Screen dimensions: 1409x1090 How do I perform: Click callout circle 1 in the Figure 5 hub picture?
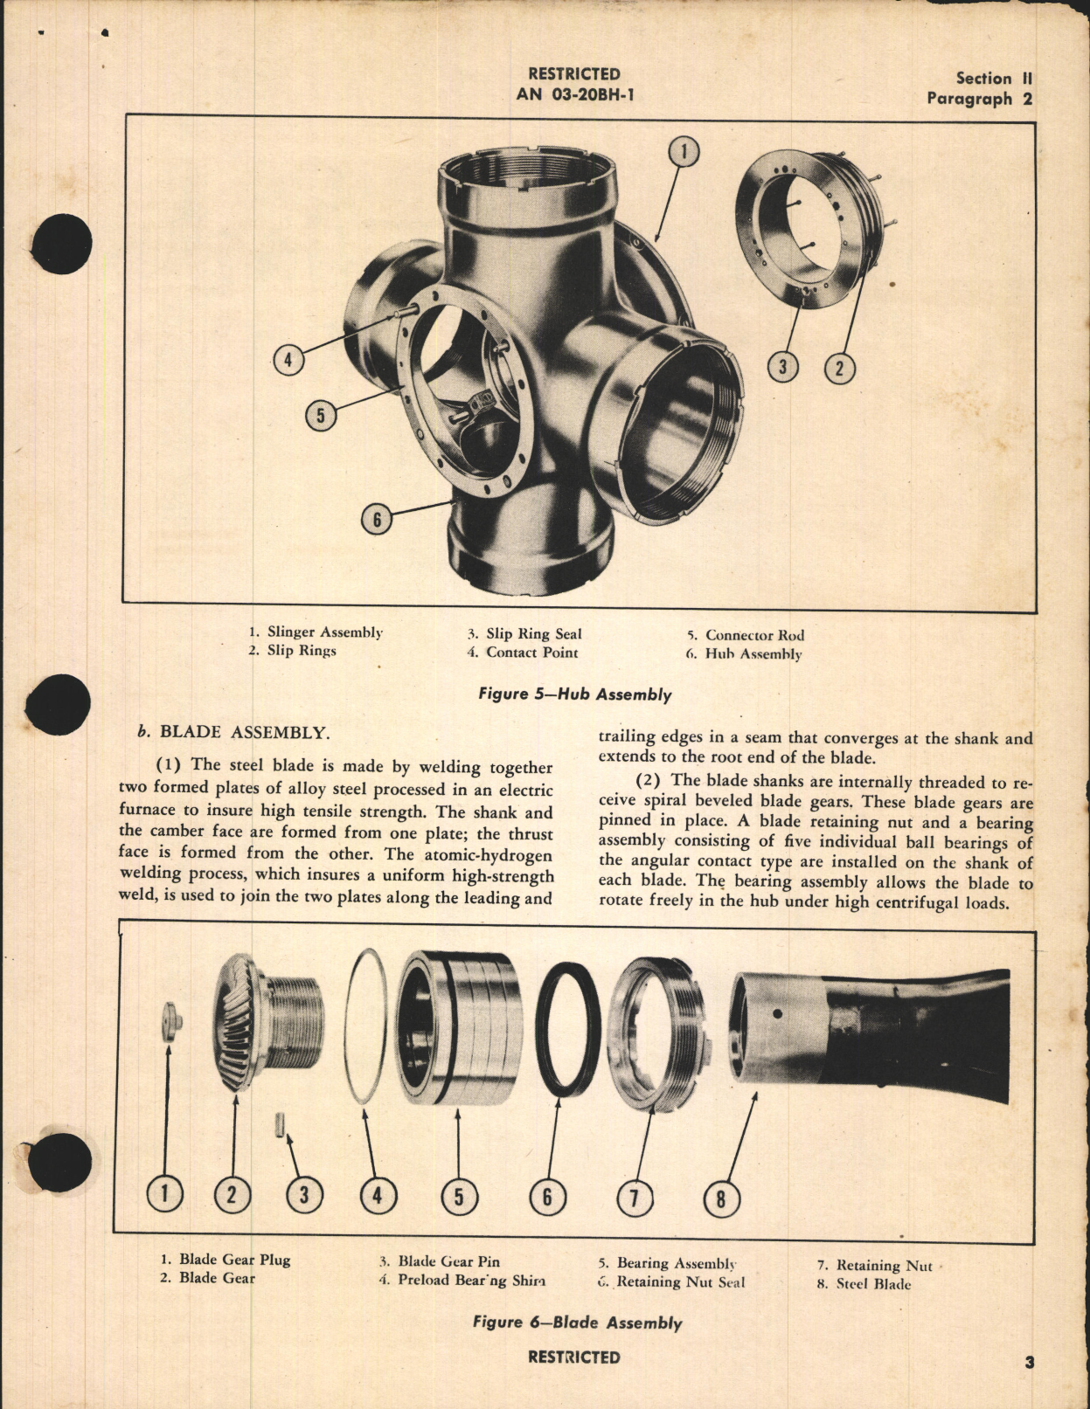[x=684, y=152]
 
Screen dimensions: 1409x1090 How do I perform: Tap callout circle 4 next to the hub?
[x=288, y=359]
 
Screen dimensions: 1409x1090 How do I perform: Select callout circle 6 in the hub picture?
[x=377, y=520]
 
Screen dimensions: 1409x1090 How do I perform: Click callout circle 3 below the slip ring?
[x=782, y=367]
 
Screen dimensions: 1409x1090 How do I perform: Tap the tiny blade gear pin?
[x=279, y=1123]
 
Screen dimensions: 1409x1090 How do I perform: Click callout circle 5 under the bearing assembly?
[x=459, y=1196]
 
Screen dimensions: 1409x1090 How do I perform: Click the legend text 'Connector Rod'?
[x=754, y=635]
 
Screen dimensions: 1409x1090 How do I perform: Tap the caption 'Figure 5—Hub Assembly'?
[x=574, y=694]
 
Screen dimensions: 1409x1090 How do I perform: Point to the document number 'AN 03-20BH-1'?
[x=574, y=94]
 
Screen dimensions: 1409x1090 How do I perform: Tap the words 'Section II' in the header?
[x=993, y=79]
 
